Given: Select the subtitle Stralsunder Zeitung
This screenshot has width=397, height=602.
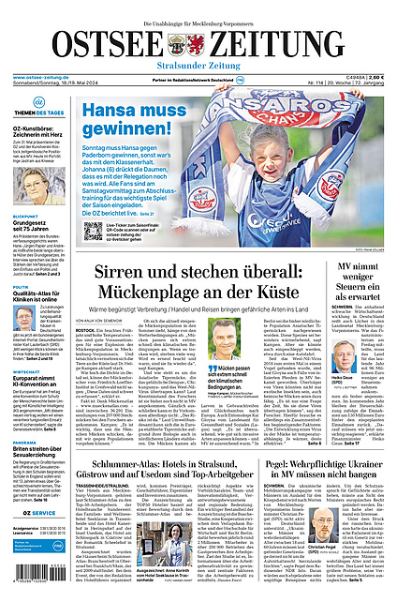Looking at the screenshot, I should click(198, 67).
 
